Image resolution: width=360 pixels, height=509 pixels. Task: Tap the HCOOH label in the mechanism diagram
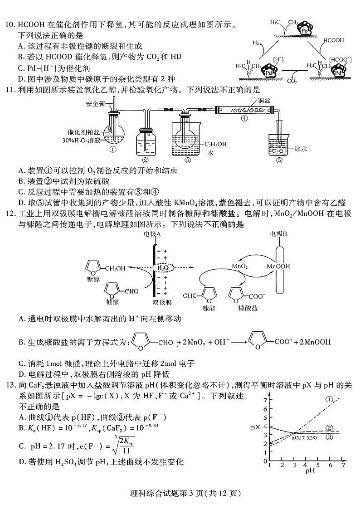333,40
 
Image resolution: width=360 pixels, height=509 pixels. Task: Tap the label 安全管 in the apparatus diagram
95,104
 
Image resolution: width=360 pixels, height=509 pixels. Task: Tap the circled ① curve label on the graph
330,399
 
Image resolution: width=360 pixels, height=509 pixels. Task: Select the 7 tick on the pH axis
343,465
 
